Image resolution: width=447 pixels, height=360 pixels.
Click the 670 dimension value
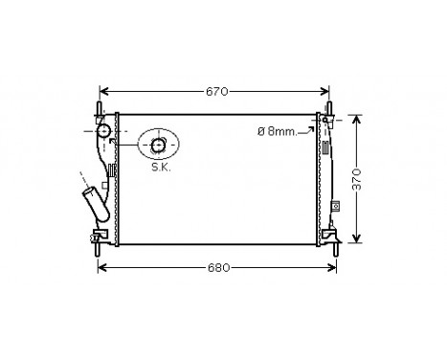(217, 92)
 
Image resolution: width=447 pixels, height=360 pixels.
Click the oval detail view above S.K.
(158, 145)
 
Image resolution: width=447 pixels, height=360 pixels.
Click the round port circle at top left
(102, 131)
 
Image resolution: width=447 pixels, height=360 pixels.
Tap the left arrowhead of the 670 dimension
(104, 92)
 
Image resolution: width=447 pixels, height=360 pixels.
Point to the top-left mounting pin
(99, 105)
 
